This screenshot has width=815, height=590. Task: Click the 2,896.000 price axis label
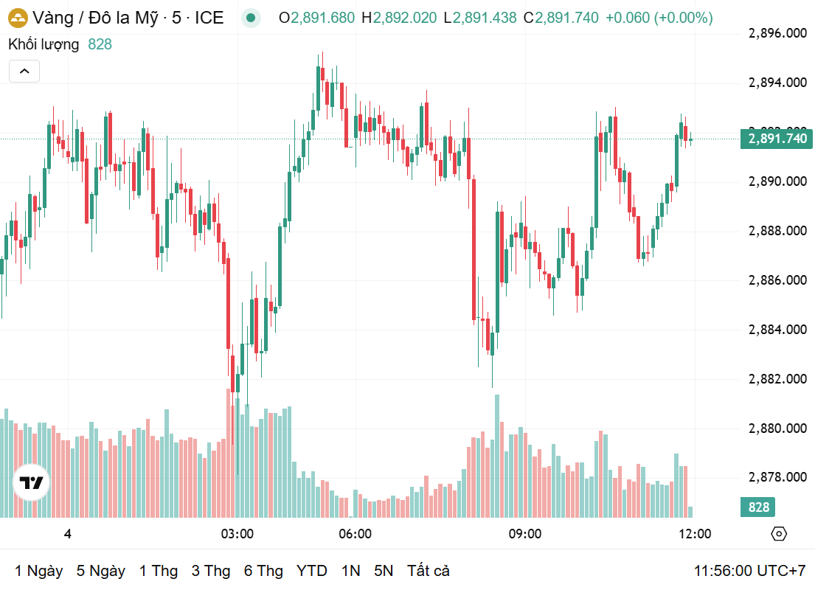[x=777, y=33]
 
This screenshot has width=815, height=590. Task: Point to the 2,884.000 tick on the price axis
[x=777, y=330]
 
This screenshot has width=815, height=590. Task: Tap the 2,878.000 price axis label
[x=777, y=477]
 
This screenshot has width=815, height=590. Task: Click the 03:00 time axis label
[x=237, y=534]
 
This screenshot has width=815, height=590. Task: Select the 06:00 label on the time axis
[x=355, y=534]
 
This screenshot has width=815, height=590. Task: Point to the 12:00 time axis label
[x=695, y=534]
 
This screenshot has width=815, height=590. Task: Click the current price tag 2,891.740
[x=777, y=139]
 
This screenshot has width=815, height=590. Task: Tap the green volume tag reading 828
[x=758, y=507]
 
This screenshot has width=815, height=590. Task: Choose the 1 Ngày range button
[x=39, y=571]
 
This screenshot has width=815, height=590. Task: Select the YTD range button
[x=312, y=571]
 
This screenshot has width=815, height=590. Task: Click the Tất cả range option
[x=429, y=571]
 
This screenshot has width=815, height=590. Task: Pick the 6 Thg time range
[x=263, y=571]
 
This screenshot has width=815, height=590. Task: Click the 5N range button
[x=384, y=571]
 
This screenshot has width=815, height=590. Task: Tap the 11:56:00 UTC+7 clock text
[x=749, y=571]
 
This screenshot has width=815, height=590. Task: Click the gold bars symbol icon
[x=18, y=18]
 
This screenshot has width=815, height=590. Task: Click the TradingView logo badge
[x=32, y=483]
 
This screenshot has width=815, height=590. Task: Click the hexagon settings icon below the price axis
[x=779, y=534]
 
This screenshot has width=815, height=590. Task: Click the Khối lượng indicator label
[x=44, y=44]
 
